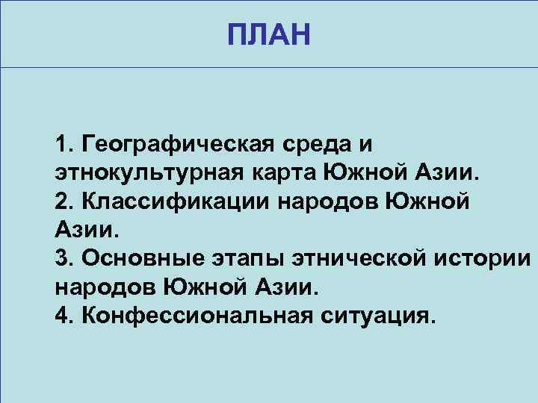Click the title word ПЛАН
[268, 34]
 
